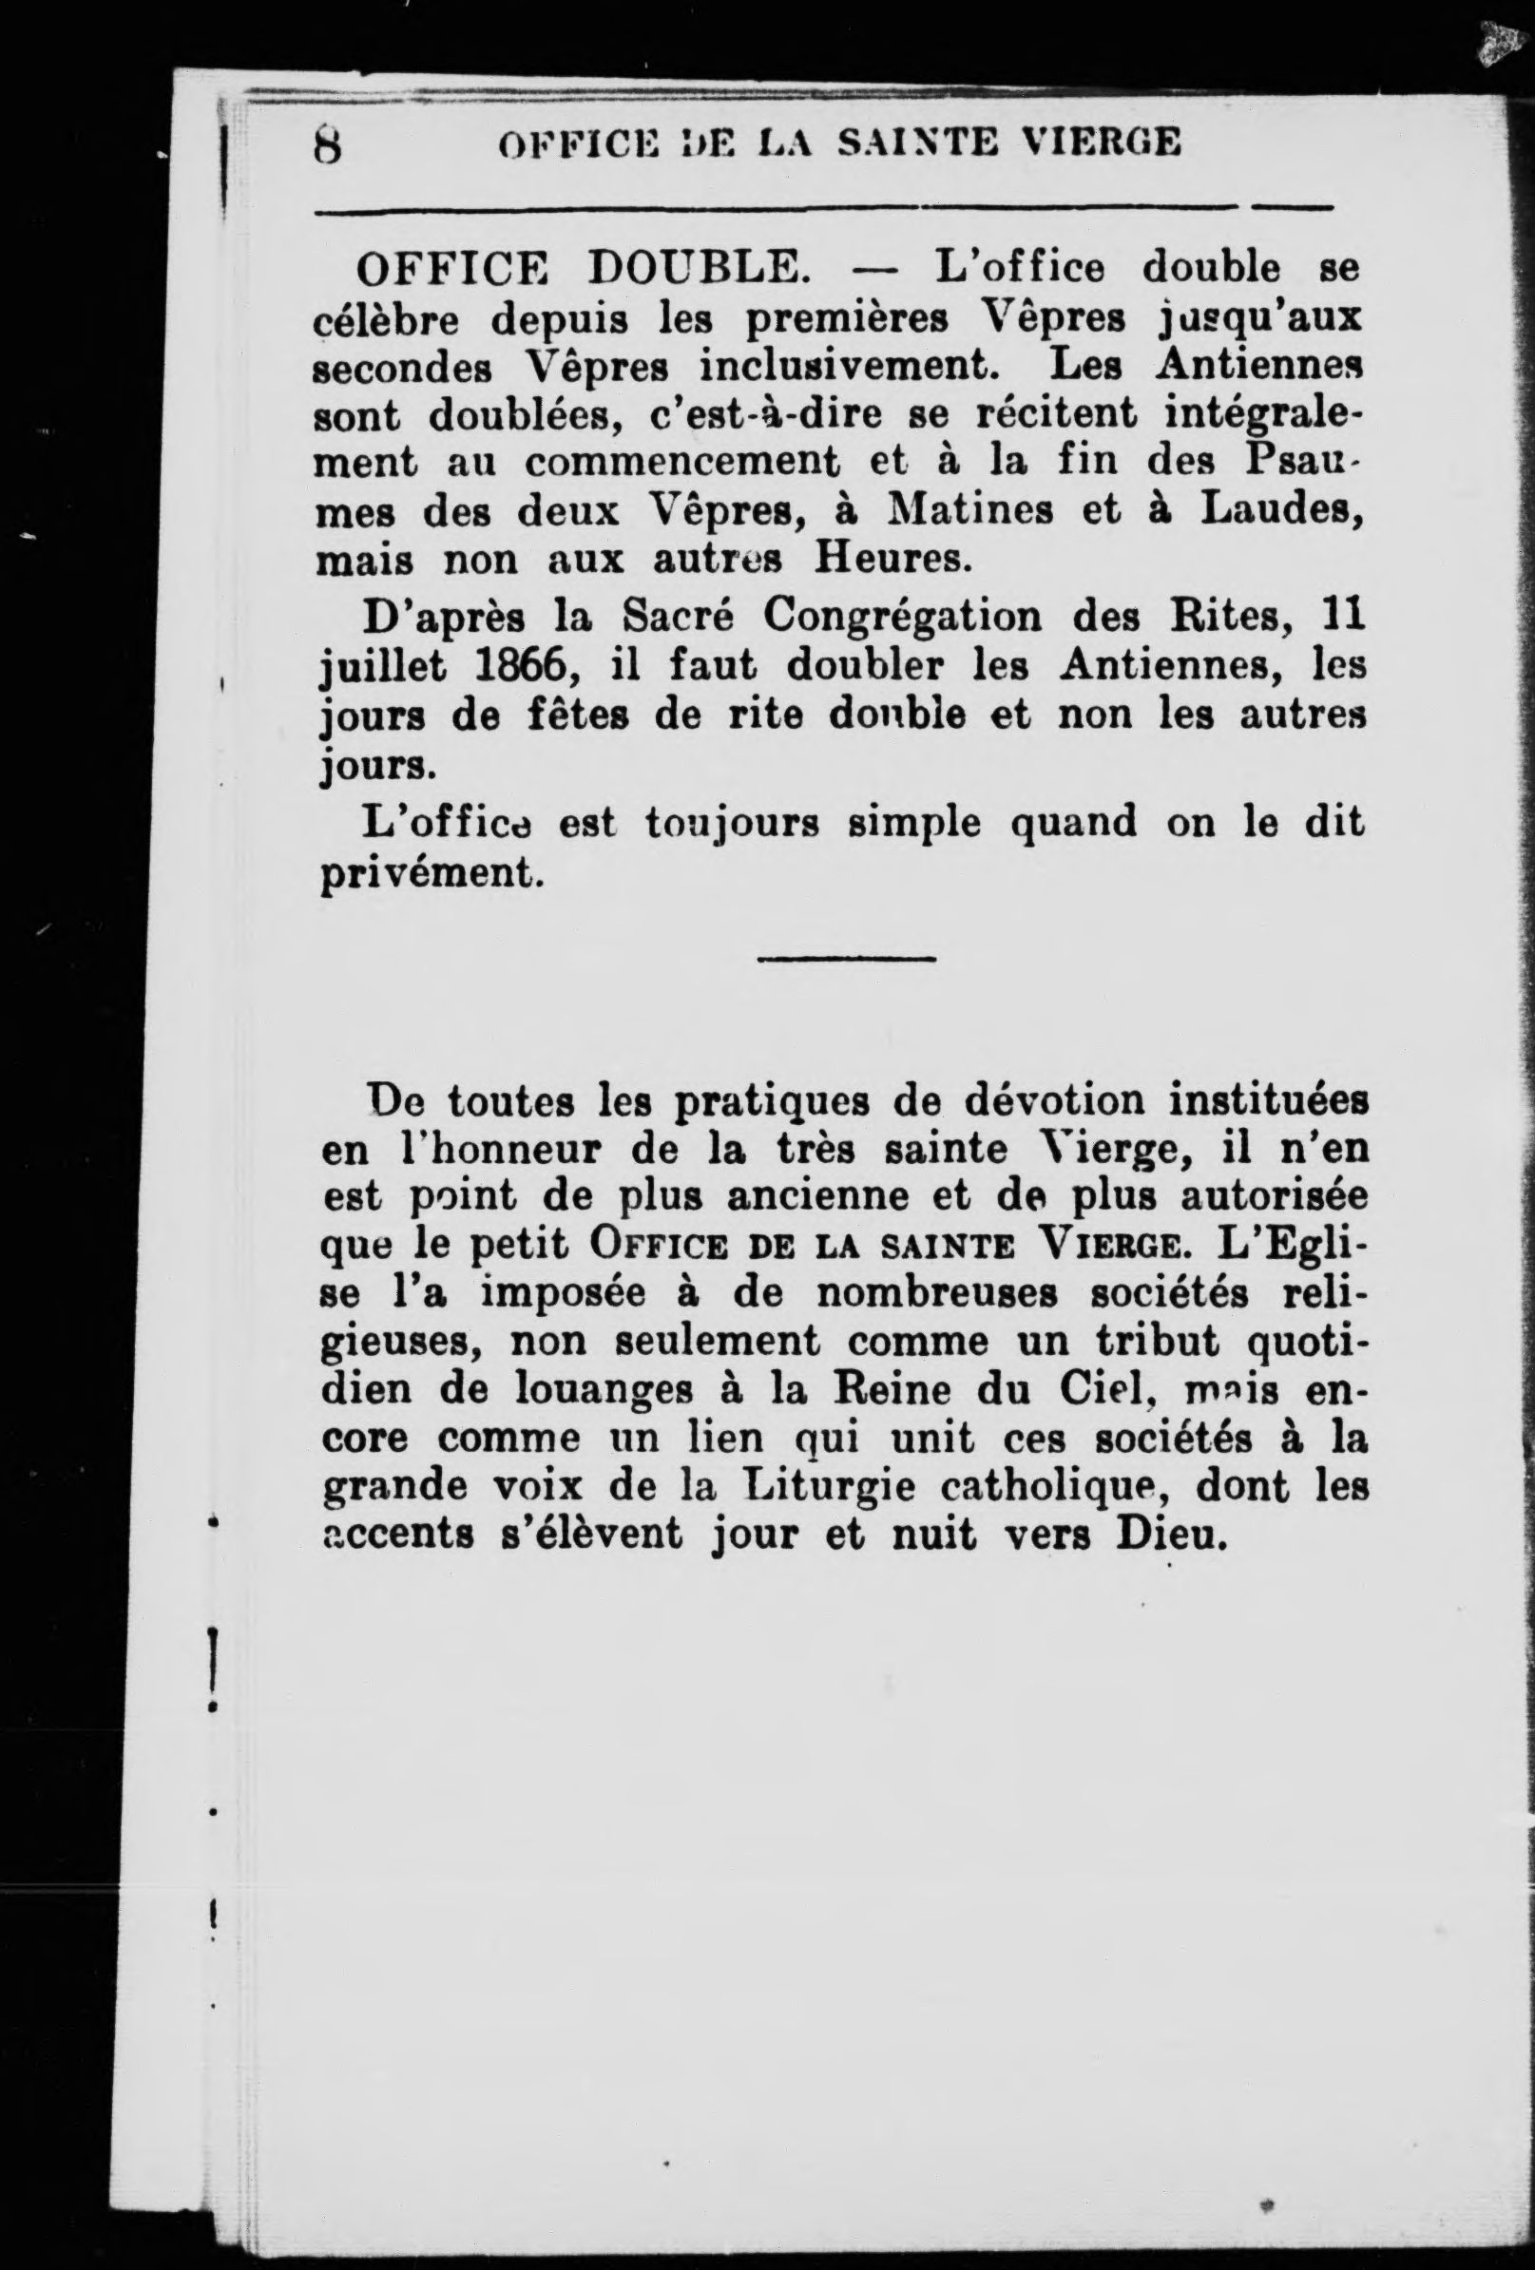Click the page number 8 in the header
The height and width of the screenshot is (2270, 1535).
[x=327, y=145]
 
